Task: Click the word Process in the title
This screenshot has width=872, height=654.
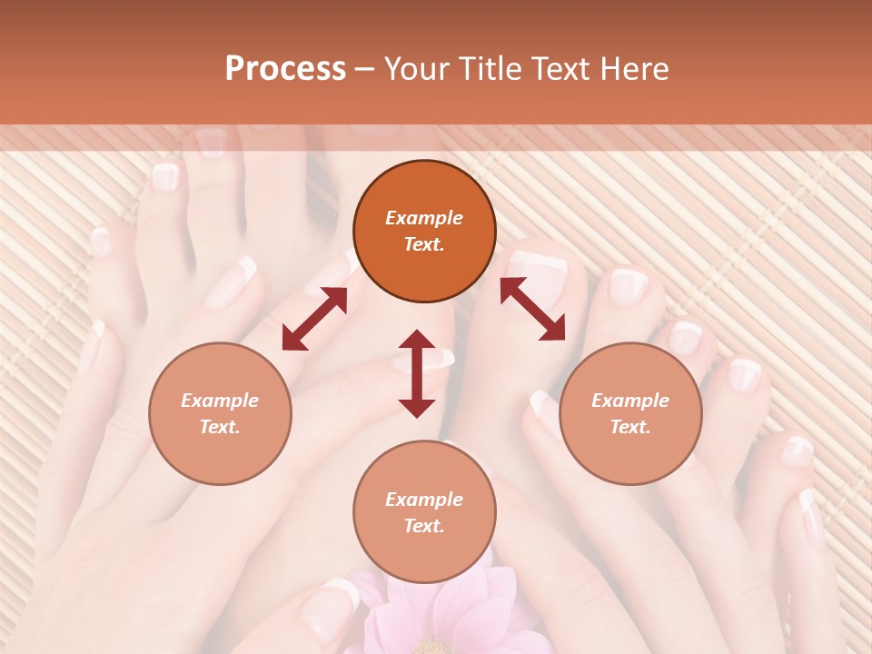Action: click(x=285, y=69)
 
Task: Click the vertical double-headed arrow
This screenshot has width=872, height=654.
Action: click(x=417, y=373)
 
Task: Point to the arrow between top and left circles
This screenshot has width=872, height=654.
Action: click(x=314, y=319)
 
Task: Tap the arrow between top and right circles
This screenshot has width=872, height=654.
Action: click(x=532, y=309)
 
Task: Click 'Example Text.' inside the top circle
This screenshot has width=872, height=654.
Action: click(x=424, y=231)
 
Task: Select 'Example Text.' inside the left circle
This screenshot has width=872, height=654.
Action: click(x=220, y=413)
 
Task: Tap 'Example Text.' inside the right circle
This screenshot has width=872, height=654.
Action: click(x=630, y=413)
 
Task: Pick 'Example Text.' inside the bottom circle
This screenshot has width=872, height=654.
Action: click(x=424, y=512)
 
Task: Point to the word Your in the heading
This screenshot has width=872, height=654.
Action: click(x=417, y=69)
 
